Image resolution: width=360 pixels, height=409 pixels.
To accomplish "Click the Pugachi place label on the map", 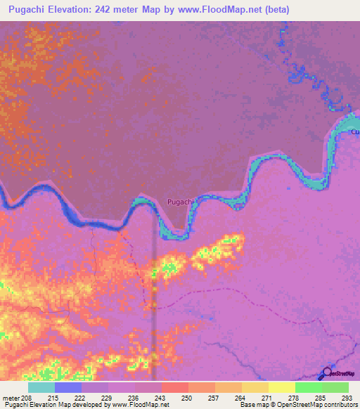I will (181, 202).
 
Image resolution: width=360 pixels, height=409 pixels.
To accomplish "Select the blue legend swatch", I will (67, 387).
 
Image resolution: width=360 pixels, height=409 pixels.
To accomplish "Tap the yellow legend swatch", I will (282, 387).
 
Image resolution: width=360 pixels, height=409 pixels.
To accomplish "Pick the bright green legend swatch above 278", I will (309, 387).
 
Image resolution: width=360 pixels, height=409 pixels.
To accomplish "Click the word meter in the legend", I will (11, 398).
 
